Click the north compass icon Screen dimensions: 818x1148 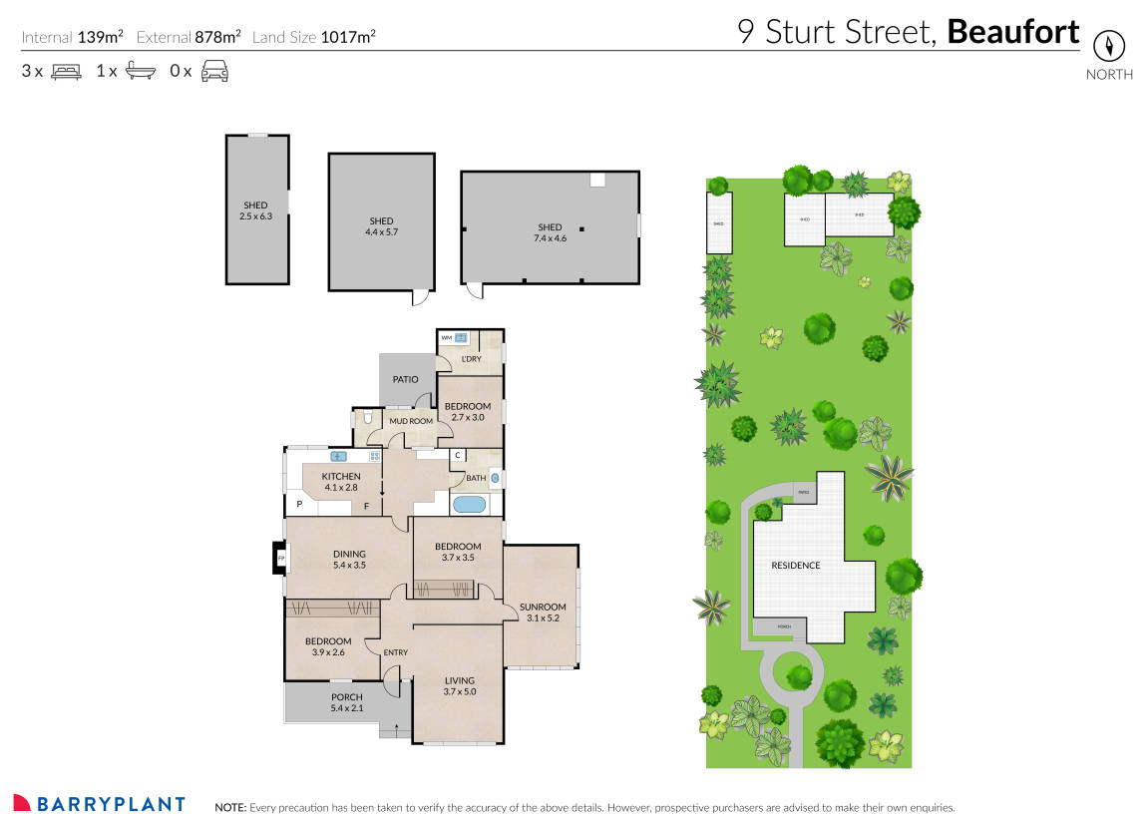[x=1108, y=46]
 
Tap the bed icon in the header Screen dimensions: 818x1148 [x=66, y=71]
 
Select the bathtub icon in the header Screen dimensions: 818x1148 [x=140, y=71]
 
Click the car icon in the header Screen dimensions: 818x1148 [x=214, y=71]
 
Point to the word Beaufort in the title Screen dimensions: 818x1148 [x=1012, y=32]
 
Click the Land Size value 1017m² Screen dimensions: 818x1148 [x=348, y=38]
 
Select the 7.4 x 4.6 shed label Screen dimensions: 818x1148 [x=550, y=232]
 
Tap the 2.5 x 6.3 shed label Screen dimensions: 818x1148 [x=255, y=210]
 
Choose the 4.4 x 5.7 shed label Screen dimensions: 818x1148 [x=381, y=226]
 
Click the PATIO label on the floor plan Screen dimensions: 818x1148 [x=405, y=379]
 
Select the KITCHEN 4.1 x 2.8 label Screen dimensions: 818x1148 [x=340, y=483]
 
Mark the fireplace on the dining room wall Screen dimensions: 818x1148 [x=280, y=558]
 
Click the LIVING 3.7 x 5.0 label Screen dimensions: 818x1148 [x=459, y=686]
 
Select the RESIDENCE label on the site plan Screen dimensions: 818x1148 [x=795, y=566]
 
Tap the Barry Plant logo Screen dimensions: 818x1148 [x=99, y=804]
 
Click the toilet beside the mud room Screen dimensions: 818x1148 [x=369, y=419]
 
